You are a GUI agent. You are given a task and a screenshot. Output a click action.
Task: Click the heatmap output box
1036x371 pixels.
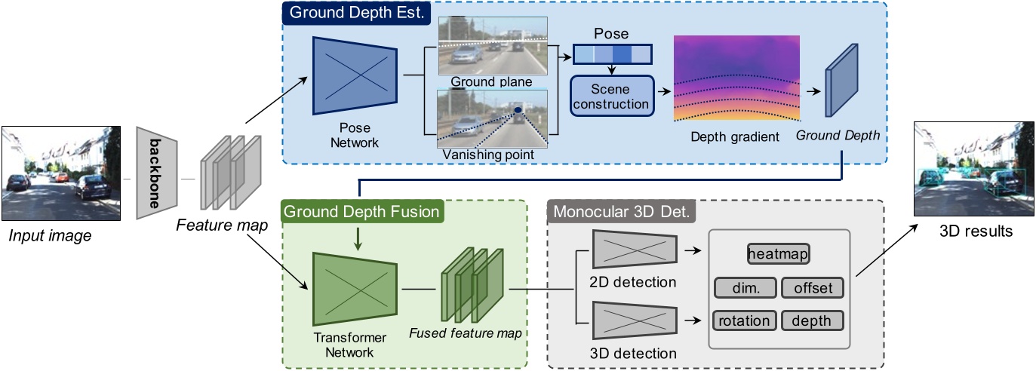pyautogui.click(x=778, y=254)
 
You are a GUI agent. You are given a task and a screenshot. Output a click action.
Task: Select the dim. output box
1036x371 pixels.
pyautogui.click(x=742, y=287)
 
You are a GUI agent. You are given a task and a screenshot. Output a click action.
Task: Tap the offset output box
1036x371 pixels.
pyautogui.click(x=812, y=287)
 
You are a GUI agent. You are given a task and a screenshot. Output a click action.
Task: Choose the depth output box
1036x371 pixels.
pyautogui.click(x=812, y=320)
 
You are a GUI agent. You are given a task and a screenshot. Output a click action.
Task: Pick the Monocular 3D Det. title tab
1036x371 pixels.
pyautogui.click(x=620, y=212)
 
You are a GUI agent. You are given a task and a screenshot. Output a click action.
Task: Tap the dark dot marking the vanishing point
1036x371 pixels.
pyautogui.click(x=518, y=111)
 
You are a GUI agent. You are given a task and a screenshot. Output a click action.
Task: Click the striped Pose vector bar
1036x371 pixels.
pyautogui.click(x=611, y=55)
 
